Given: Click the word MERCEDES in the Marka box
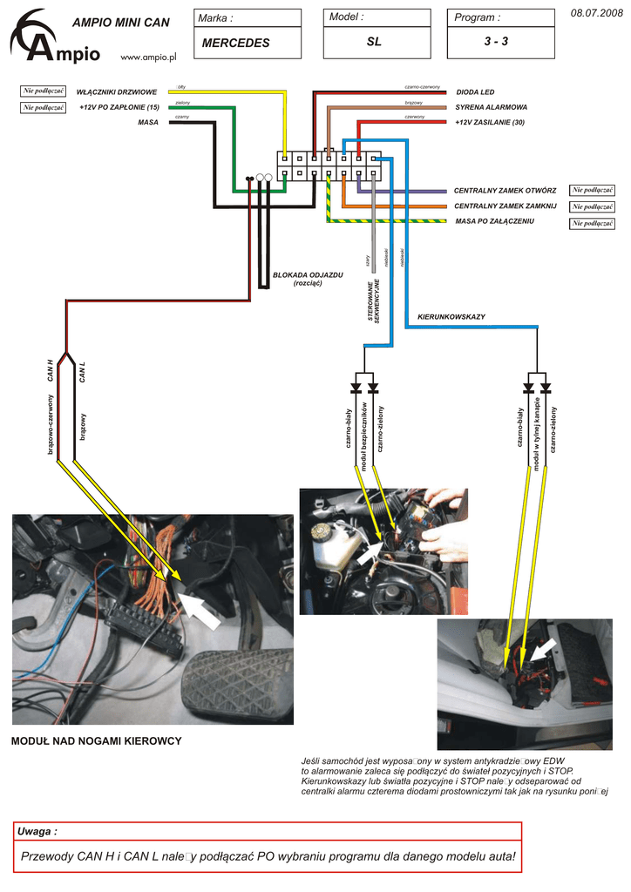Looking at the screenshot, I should (x=235, y=43).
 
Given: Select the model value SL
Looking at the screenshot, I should (x=374, y=42).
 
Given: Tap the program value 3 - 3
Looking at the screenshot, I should (x=497, y=42).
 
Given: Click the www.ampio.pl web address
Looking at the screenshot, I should (x=147, y=57).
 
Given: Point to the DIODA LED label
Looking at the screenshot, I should (x=475, y=91).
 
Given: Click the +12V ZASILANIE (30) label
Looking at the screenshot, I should (x=490, y=122).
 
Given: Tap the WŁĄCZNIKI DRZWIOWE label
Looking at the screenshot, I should (x=116, y=91).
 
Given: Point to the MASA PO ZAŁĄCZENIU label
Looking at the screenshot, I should (x=494, y=221).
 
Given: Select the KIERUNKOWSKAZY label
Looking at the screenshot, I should (x=451, y=316).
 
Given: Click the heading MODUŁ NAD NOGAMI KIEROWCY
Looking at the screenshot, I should (x=96, y=740).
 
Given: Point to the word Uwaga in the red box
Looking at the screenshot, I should (x=37, y=832).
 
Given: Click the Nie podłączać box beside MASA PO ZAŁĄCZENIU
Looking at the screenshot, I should (x=592, y=223).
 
